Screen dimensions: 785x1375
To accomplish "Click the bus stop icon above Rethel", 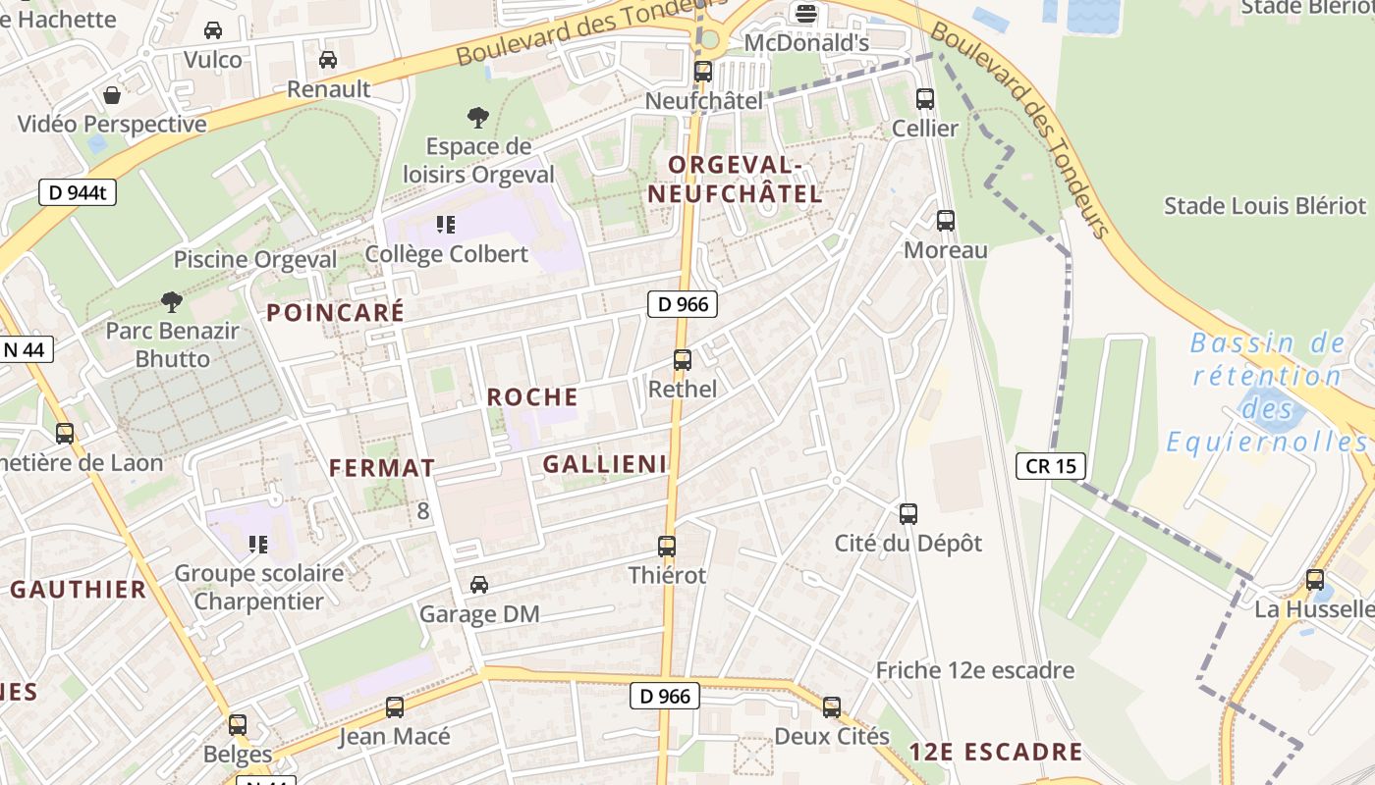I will (683, 360).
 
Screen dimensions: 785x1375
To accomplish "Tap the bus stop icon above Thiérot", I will (667, 547).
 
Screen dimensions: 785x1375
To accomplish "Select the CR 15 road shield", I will (1051, 466).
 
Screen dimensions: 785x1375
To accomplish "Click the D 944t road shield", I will (78, 192).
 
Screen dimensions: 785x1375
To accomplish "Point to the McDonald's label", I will (806, 43).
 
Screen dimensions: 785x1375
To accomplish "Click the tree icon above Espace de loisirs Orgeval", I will (478, 119).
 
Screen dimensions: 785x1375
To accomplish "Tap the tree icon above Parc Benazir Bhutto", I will (172, 301).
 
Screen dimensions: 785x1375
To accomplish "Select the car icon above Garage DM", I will (479, 585).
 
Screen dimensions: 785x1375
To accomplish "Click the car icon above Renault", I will (328, 60).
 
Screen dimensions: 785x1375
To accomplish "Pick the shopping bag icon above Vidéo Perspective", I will (112, 95).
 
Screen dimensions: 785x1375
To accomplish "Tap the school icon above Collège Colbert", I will (446, 225).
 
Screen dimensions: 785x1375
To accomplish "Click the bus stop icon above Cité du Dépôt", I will (908, 513).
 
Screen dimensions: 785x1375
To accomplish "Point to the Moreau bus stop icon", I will (946, 221).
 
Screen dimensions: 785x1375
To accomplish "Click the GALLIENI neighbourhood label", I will (605, 464).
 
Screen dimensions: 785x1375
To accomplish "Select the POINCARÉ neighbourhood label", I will (335, 313).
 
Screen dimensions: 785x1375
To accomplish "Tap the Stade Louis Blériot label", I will (1264, 206).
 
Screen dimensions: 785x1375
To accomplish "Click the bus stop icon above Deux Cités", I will (832, 706).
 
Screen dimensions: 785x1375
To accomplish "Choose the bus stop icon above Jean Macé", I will (395, 706).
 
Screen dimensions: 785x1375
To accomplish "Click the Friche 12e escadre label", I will (974, 671).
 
